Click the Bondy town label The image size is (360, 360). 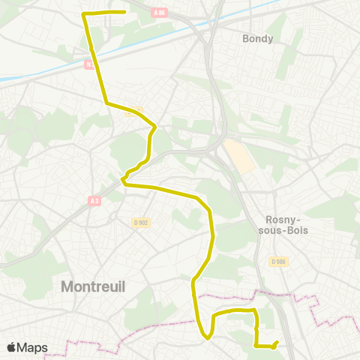pyautogui.click(x=258, y=38)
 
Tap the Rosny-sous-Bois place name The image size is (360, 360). pyautogui.click(x=286, y=225)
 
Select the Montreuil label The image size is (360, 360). pyautogui.click(x=92, y=286)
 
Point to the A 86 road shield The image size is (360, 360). pyautogui.click(x=158, y=13)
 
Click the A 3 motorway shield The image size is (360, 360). pyautogui.click(x=94, y=200)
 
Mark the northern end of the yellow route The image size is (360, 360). pyautogui.click(x=124, y=12)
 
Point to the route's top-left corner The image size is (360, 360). pyautogui.click(x=83, y=14)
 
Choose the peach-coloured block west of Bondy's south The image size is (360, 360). pyautogui.click(x=238, y=155)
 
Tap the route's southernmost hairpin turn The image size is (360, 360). pyautogui.click(x=205, y=337)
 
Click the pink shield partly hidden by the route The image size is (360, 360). pyautogui.click(x=89, y=64)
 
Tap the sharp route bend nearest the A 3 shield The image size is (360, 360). pyautogui.click(x=123, y=181)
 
